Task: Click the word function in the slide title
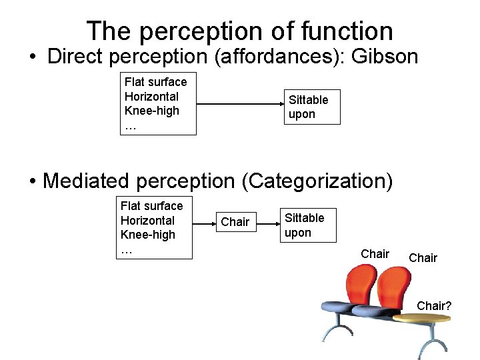[347, 31]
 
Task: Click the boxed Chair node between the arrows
[235, 222]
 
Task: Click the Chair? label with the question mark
[434, 306]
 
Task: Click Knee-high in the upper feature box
[152, 111]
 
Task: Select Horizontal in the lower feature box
[147, 220]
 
